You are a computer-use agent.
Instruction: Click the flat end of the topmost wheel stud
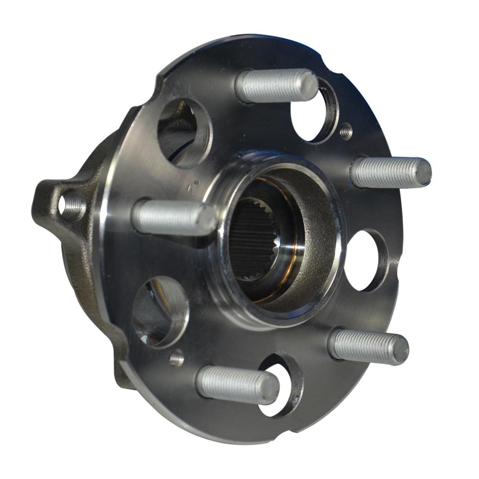[308, 86]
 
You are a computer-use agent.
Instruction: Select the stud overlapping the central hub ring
[172, 217]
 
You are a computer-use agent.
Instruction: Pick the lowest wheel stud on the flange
[237, 384]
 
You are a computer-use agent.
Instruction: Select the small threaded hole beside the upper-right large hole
[345, 131]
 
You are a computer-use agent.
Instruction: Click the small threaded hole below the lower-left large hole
[177, 357]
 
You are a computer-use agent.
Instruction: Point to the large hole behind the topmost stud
[314, 113]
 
